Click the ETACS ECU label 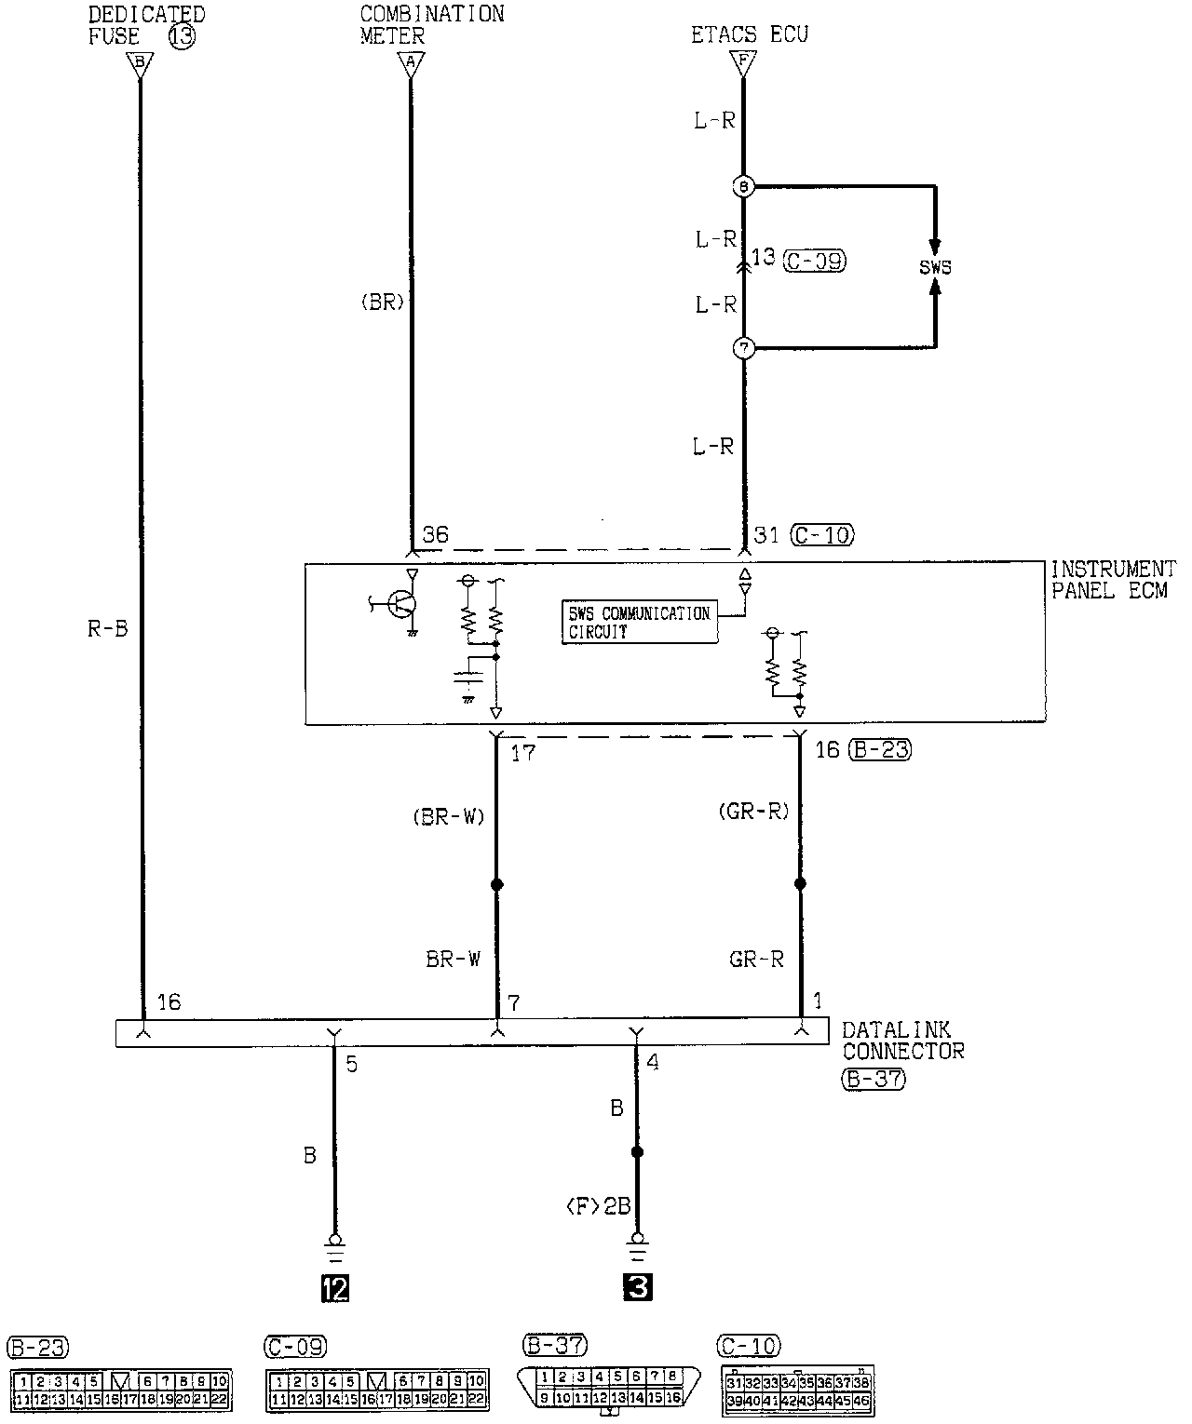749,35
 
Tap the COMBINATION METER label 431,25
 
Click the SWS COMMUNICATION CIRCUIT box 639,622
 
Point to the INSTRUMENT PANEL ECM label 1113,579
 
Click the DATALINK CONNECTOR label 902,1041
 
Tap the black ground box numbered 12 334,1288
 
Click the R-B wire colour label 107,629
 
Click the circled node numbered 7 743,348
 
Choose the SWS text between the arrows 935,268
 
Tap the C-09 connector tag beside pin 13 815,262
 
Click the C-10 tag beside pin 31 821,535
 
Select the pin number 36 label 435,534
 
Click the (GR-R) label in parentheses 753,812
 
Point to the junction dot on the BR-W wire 496,884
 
